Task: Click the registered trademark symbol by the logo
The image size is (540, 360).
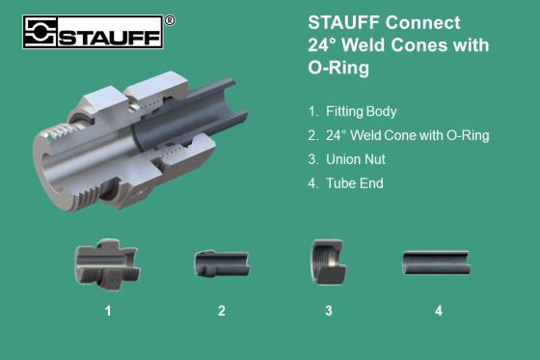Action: pyautogui.click(x=170, y=19)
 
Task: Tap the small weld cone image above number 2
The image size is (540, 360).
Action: pyautogui.click(x=221, y=263)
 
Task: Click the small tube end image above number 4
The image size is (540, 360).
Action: pyautogui.click(x=436, y=262)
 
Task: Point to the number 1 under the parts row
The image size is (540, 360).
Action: pyautogui.click(x=109, y=311)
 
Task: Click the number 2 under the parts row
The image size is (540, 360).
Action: pyautogui.click(x=221, y=311)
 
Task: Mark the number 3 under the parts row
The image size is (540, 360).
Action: pyautogui.click(x=328, y=311)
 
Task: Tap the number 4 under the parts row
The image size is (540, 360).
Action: pyautogui.click(x=438, y=311)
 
